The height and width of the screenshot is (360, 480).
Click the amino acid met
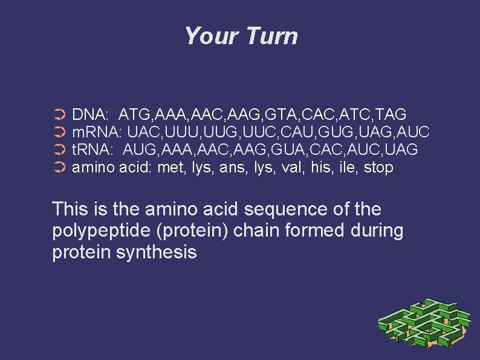[x=170, y=168]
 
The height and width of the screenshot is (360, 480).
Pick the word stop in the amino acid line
[x=378, y=168]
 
